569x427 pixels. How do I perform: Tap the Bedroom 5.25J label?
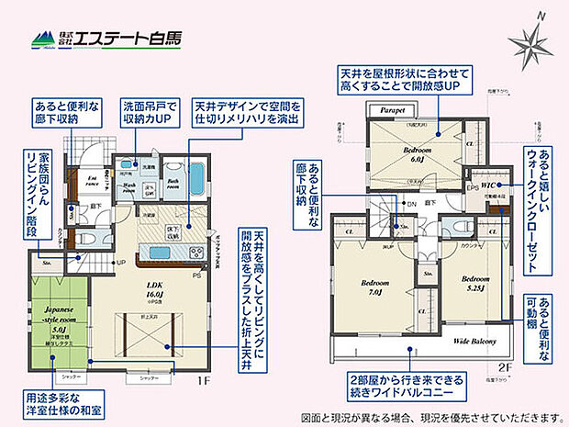coord(473,283)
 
